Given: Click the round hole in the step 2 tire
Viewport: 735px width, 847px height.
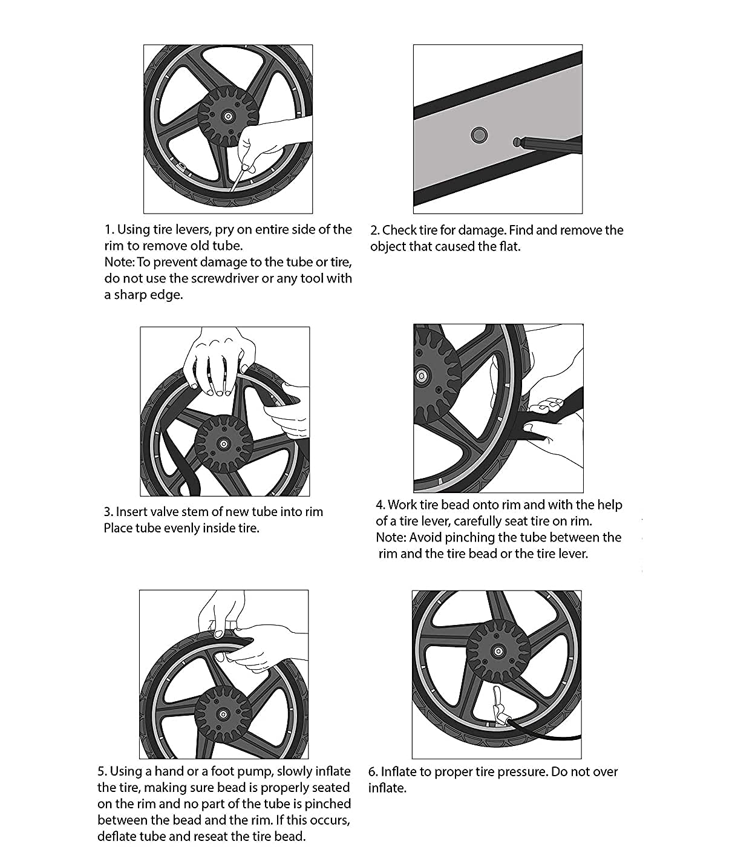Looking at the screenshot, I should pyautogui.click(x=479, y=134).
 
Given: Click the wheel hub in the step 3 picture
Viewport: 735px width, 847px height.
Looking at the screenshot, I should pyautogui.click(x=223, y=444).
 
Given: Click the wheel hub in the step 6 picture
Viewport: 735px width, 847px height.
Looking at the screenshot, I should pyautogui.click(x=497, y=651).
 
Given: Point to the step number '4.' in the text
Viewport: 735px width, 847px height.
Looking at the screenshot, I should pyautogui.click(x=381, y=505).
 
